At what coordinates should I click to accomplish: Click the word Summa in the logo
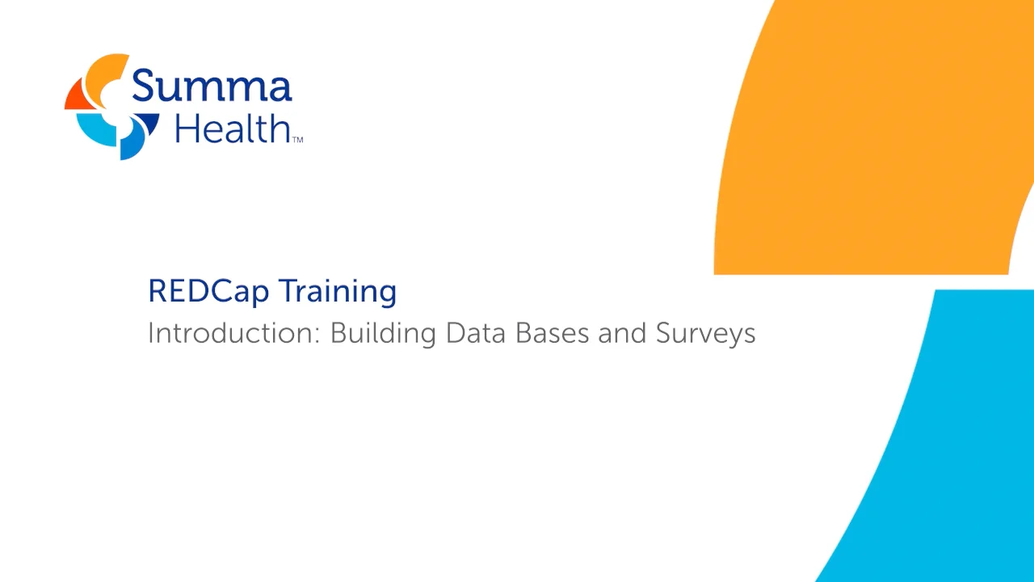[211, 86]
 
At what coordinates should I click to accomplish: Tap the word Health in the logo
[232, 129]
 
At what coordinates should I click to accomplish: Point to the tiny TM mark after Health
[296, 140]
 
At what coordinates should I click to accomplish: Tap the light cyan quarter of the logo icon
[95, 129]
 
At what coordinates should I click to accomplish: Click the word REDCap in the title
[208, 291]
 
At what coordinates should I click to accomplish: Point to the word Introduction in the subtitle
[232, 333]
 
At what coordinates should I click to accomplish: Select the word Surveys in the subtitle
[705, 333]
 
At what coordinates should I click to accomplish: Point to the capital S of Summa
[146, 85]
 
